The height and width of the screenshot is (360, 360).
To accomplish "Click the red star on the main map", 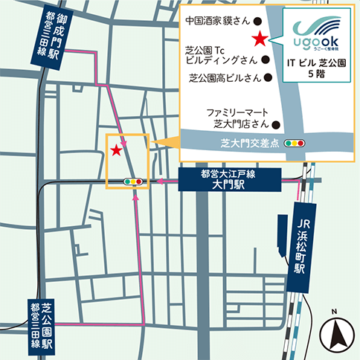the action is click(x=116, y=150).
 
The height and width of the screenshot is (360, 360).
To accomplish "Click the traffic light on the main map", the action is click(x=135, y=181).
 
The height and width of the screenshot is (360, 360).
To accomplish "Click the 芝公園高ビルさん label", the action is click(x=223, y=77).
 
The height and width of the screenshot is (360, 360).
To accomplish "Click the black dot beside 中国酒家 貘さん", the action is click(x=257, y=22).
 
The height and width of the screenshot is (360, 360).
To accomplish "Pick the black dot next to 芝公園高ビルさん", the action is click(x=268, y=77).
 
